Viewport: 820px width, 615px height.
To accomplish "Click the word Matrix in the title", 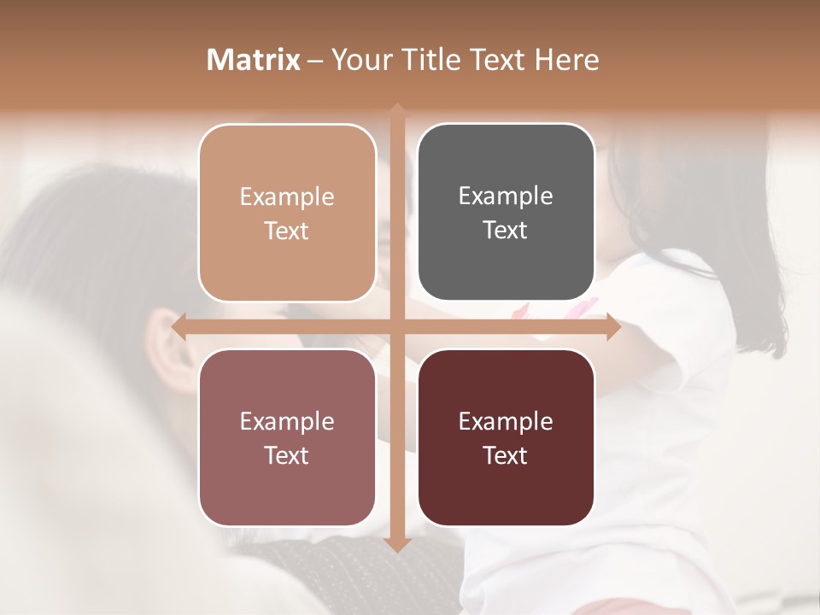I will pos(254,60).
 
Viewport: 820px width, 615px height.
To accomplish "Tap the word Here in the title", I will pos(566,60).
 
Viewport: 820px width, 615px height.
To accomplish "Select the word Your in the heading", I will pos(359,60).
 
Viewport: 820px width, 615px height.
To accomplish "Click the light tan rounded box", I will pos(287,213).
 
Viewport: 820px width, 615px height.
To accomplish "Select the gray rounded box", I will pos(506,213).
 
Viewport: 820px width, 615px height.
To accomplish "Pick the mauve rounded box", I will pos(287,437).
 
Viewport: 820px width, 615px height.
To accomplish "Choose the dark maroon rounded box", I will pos(506,437).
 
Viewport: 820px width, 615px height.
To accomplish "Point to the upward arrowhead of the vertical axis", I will pos(396,111).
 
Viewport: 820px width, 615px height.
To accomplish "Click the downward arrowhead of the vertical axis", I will pos(396,544).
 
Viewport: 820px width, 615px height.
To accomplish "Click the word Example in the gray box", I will pos(506,196).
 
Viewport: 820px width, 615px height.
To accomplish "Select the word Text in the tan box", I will pos(287,231).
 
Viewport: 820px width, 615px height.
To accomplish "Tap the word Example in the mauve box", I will pos(287,421).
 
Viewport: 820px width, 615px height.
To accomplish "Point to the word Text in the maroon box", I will pos(506,456).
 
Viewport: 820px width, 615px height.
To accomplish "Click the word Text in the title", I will pos(493,60).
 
